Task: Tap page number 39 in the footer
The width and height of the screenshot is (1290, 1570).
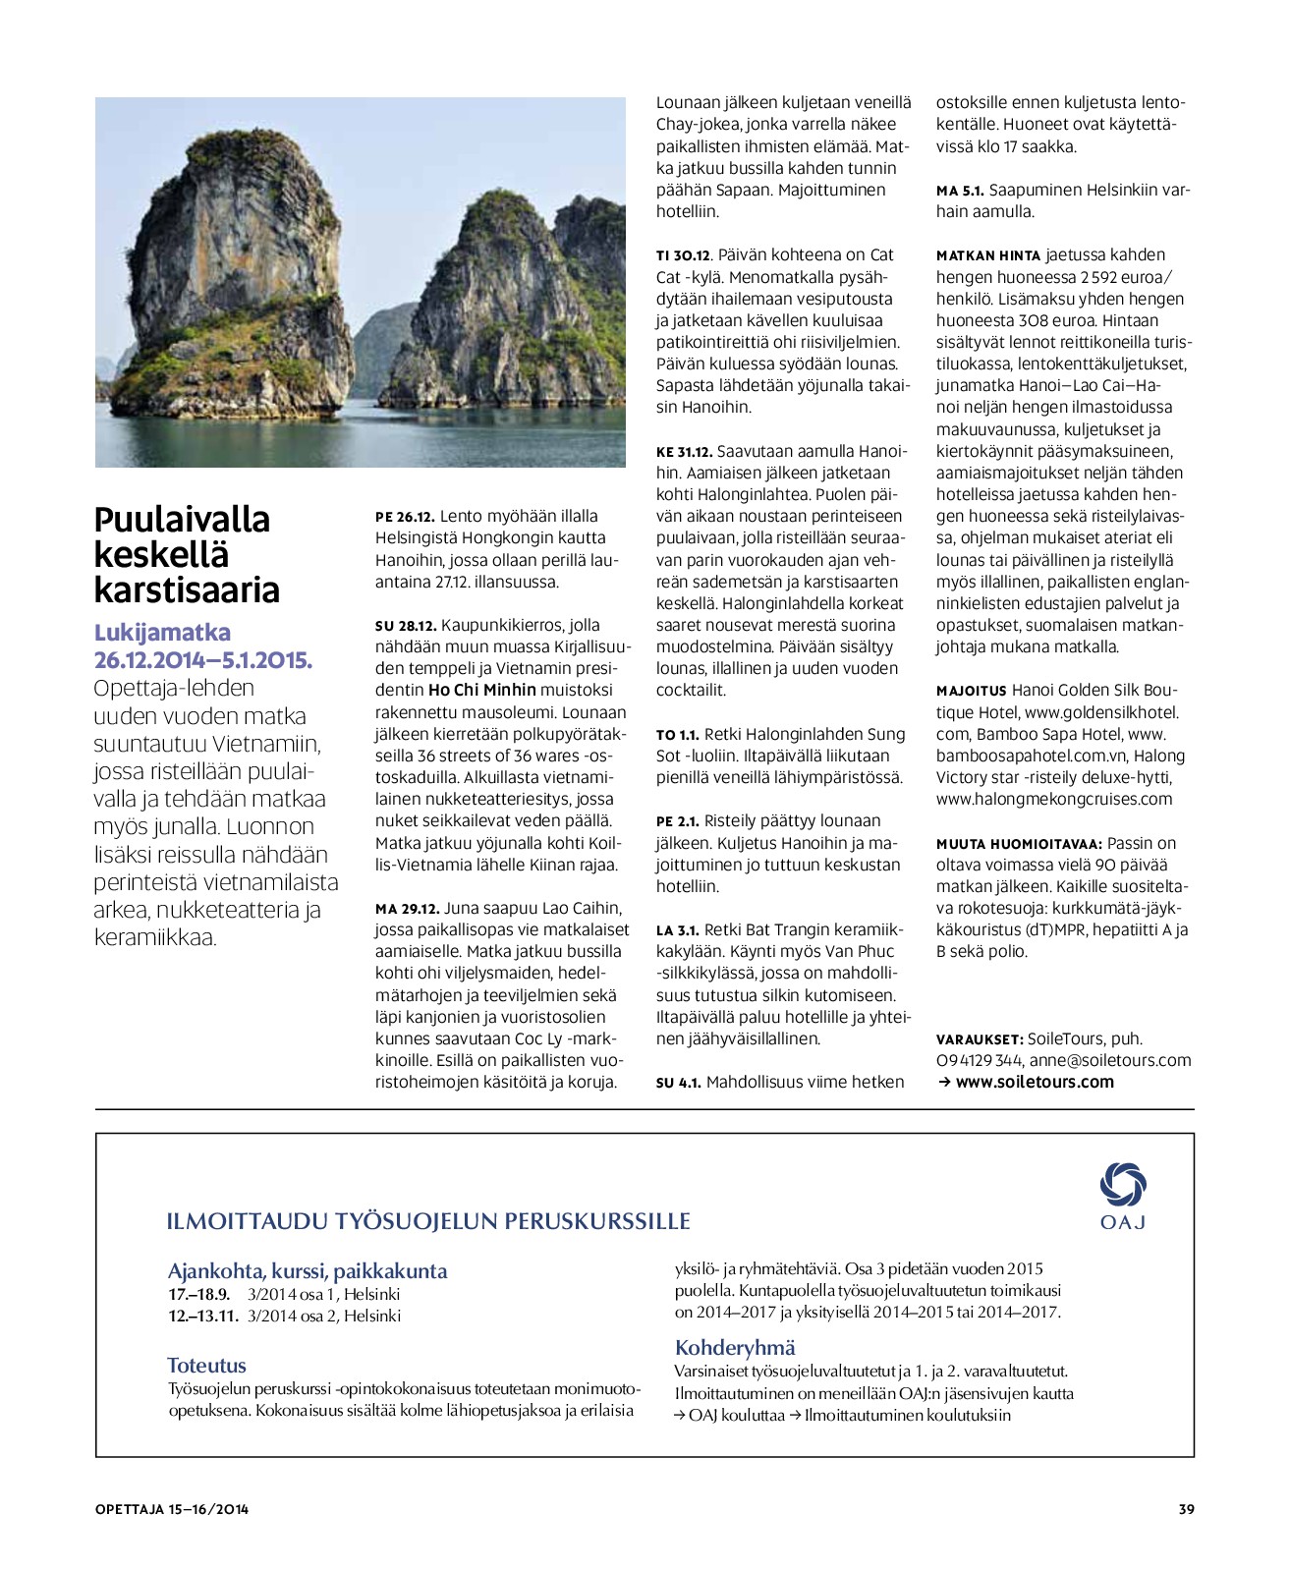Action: click(1186, 1509)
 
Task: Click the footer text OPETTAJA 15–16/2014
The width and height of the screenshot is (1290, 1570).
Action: click(172, 1509)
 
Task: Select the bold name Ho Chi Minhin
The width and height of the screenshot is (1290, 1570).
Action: click(482, 690)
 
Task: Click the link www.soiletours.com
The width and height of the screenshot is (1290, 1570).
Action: click(1035, 1082)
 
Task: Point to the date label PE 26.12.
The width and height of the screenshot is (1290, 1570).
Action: click(405, 517)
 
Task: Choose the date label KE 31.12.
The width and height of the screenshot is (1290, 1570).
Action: click(684, 452)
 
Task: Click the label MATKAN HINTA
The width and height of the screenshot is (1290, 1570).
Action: click(987, 255)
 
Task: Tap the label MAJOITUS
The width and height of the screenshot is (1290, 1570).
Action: click(971, 691)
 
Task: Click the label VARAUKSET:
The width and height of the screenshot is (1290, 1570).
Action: click(980, 1039)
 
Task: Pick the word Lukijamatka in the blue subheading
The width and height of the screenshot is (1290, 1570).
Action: click(162, 632)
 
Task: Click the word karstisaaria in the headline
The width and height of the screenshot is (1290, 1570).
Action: click(187, 589)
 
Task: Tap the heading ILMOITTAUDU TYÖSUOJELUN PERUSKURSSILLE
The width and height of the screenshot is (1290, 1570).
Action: click(428, 1221)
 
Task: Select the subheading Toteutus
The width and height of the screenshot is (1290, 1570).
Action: click(206, 1365)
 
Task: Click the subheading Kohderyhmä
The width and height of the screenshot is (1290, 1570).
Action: click(735, 1347)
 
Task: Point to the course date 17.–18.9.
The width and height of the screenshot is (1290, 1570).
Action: click(198, 1294)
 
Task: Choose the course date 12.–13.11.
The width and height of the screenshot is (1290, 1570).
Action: click(203, 1316)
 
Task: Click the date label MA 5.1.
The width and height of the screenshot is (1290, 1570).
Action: click(960, 191)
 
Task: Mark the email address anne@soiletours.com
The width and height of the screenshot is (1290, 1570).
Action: click(1110, 1060)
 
